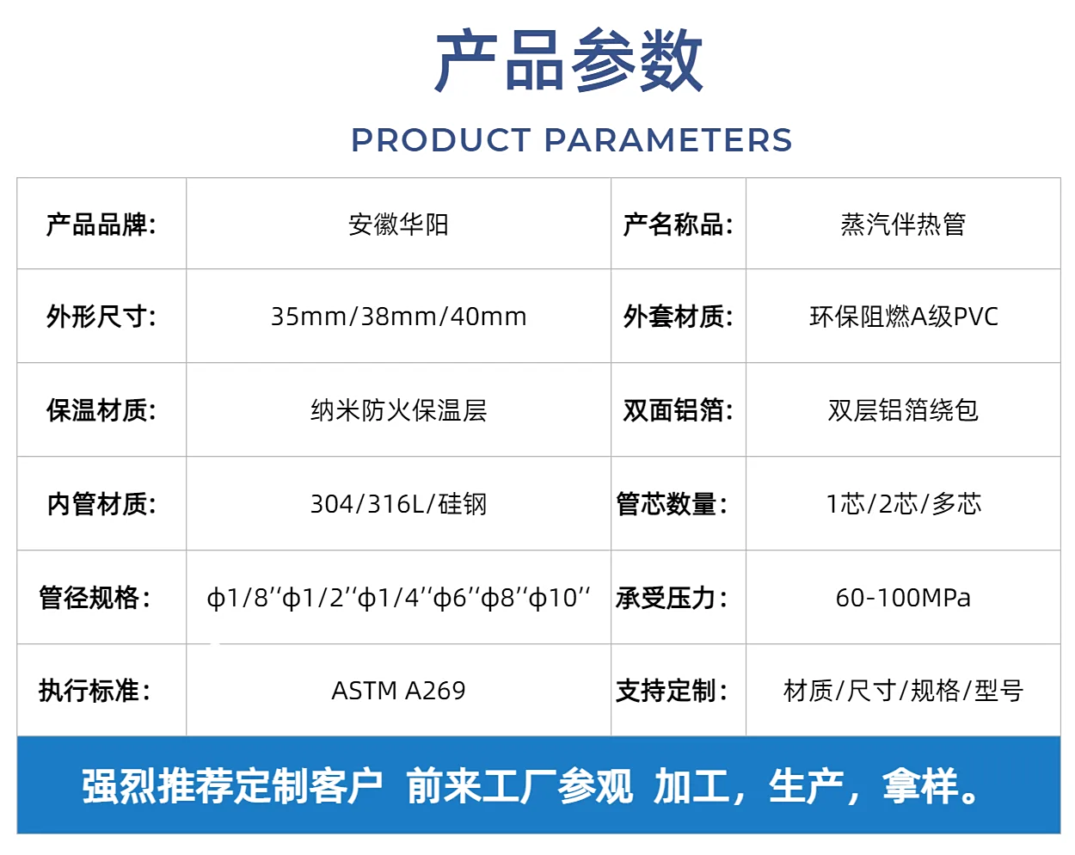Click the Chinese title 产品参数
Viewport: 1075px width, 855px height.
569,60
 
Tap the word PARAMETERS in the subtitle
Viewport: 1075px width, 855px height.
668,139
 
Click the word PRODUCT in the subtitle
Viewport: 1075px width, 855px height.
441,139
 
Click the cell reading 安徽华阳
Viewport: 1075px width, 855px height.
398,225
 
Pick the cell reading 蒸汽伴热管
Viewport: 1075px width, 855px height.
903,225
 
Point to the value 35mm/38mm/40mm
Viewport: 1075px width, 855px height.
399,317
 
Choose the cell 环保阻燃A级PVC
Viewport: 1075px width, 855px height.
904,317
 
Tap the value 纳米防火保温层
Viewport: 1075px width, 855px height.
399,410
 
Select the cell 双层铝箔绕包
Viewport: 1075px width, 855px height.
903,410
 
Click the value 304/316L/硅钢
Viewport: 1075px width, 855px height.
399,504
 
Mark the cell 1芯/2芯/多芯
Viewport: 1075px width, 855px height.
904,504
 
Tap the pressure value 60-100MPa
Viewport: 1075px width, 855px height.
903,598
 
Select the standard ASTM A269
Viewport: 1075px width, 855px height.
399,691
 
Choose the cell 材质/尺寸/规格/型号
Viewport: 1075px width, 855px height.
904,691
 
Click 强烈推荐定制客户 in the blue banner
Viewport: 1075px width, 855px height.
232,786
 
